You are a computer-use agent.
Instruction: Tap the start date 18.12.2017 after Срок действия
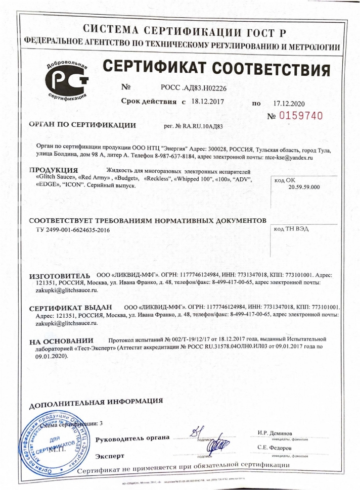point(206,101)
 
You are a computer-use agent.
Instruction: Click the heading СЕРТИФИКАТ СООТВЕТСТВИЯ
point(217,68)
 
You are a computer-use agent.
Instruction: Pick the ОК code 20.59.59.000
point(304,186)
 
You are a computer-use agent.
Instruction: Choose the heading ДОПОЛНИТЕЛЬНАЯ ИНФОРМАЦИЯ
point(96,404)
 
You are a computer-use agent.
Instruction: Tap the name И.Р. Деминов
point(275,433)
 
